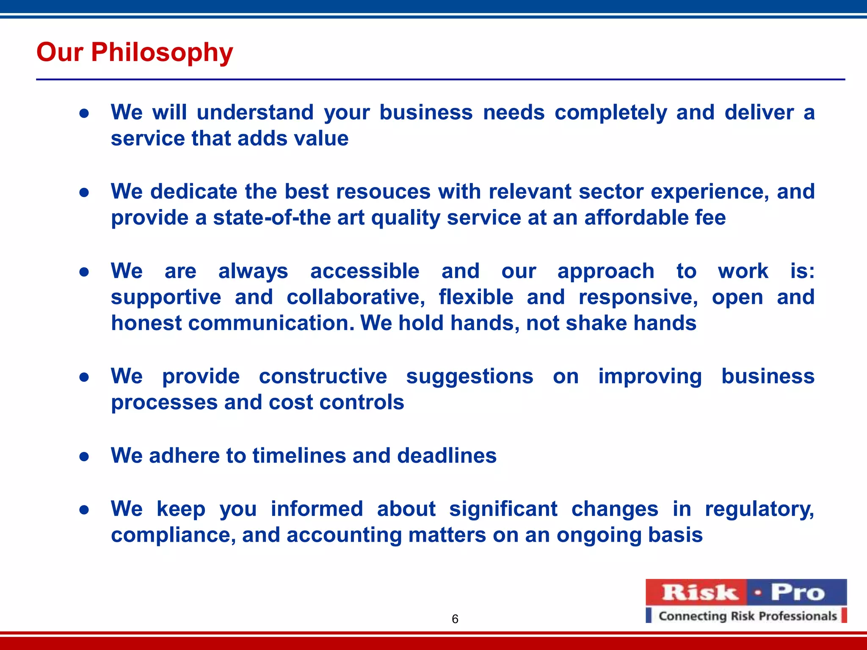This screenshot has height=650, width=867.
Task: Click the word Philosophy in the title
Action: click(162, 52)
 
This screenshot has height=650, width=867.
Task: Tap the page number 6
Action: click(455, 619)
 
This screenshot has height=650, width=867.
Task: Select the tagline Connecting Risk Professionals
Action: click(748, 616)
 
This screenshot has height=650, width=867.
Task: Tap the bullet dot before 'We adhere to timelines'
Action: click(84, 457)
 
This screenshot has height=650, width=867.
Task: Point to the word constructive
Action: click(323, 376)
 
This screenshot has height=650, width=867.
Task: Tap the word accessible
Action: click(364, 271)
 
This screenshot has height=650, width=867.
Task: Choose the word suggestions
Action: click(469, 376)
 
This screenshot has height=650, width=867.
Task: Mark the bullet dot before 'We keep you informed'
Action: click(84, 510)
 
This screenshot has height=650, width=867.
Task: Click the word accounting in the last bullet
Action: click(344, 535)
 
